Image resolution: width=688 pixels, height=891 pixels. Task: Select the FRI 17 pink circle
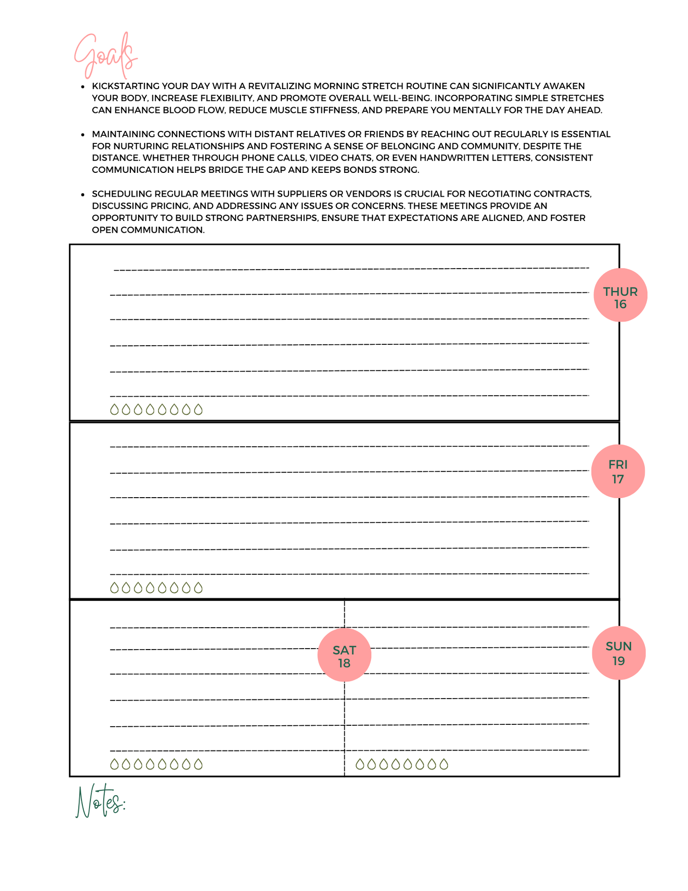(x=618, y=471)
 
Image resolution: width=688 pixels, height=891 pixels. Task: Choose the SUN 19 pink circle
(x=618, y=653)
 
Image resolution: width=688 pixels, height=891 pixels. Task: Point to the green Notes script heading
(x=100, y=801)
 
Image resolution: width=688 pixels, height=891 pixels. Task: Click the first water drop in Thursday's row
(x=114, y=410)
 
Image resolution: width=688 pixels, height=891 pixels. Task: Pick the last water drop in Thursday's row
(x=199, y=410)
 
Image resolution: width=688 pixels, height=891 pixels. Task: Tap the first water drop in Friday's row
(x=114, y=588)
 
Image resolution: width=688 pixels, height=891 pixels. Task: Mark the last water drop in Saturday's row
(x=199, y=764)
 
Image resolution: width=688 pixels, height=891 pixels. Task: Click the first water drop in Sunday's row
(x=360, y=764)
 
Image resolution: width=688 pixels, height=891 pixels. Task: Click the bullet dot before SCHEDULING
(x=82, y=194)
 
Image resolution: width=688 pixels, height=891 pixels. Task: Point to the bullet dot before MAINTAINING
(x=82, y=134)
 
